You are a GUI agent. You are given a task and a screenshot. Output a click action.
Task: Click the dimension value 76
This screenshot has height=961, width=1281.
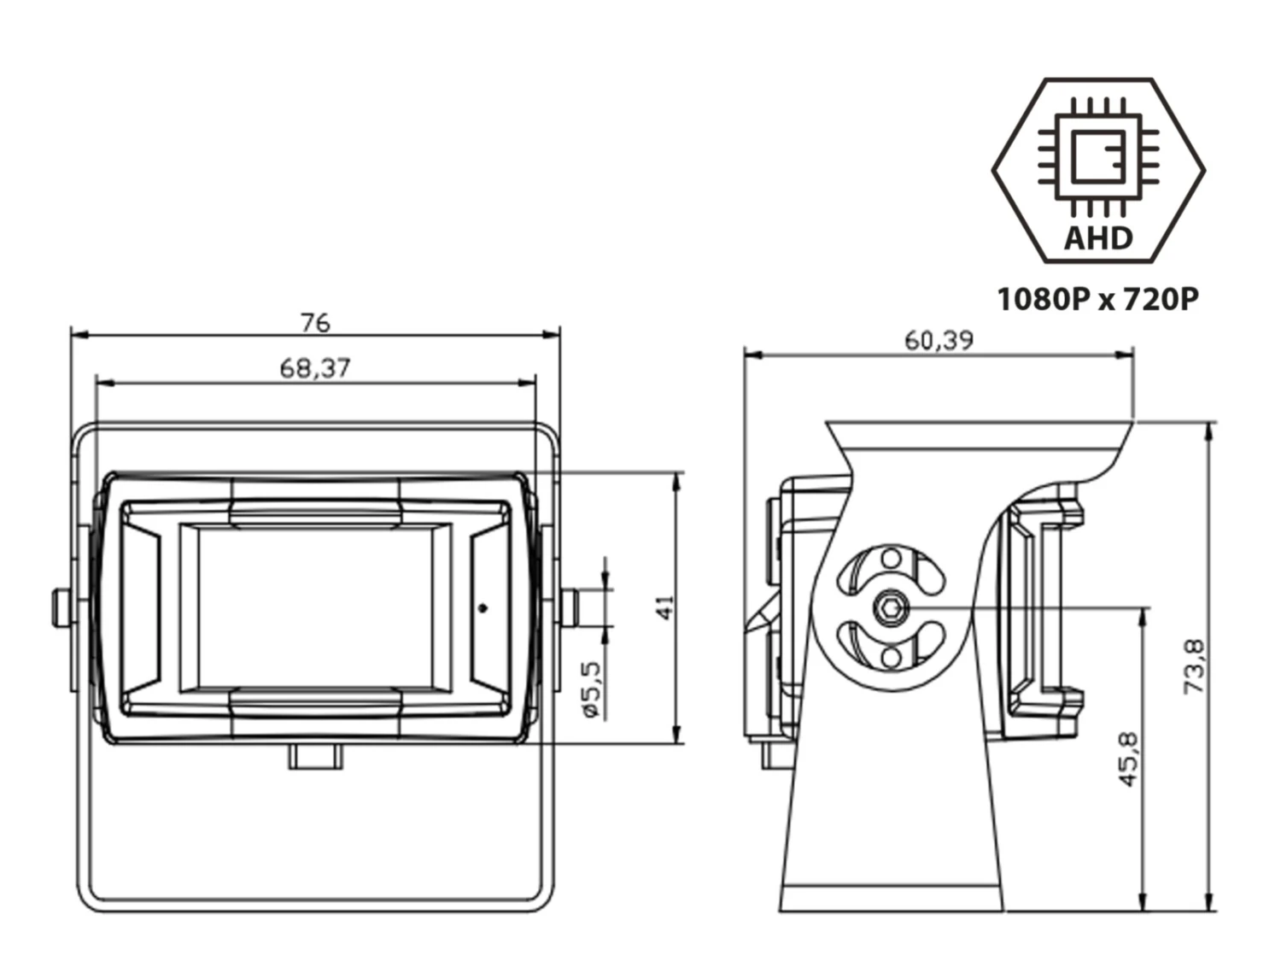(x=315, y=323)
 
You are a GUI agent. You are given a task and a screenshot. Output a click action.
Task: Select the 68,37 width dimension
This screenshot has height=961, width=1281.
(x=315, y=368)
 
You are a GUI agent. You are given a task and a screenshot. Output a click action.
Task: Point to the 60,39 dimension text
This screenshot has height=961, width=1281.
(x=939, y=341)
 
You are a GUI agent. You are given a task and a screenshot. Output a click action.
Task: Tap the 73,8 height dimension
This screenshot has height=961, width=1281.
(x=1196, y=666)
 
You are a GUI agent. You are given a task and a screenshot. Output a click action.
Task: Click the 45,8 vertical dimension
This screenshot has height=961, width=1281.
(x=1128, y=759)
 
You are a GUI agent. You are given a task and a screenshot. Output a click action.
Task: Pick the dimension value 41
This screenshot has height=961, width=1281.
(x=666, y=607)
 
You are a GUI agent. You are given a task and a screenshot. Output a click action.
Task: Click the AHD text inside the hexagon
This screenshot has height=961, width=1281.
(x=1098, y=237)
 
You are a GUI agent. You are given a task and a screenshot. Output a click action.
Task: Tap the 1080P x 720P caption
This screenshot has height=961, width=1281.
(x=1098, y=299)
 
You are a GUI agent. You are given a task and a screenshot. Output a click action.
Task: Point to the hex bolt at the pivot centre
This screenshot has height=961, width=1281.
(x=891, y=608)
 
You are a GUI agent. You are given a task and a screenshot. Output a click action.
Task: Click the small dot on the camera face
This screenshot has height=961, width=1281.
(x=483, y=608)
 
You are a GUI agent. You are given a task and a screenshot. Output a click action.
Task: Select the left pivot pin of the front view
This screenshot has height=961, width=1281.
(x=61, y=607)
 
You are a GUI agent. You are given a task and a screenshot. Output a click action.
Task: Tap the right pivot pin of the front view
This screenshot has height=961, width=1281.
(x=570, y=607)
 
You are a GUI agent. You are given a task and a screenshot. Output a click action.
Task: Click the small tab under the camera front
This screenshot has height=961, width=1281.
(x=315, y=756)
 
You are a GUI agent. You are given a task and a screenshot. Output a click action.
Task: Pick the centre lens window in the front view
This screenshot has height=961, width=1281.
(x=315, y=607)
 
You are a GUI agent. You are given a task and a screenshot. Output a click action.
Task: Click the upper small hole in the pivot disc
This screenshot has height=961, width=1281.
(x=891, y=560)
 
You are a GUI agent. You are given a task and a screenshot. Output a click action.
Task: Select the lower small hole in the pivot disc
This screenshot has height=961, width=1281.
(x=891, y=656)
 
